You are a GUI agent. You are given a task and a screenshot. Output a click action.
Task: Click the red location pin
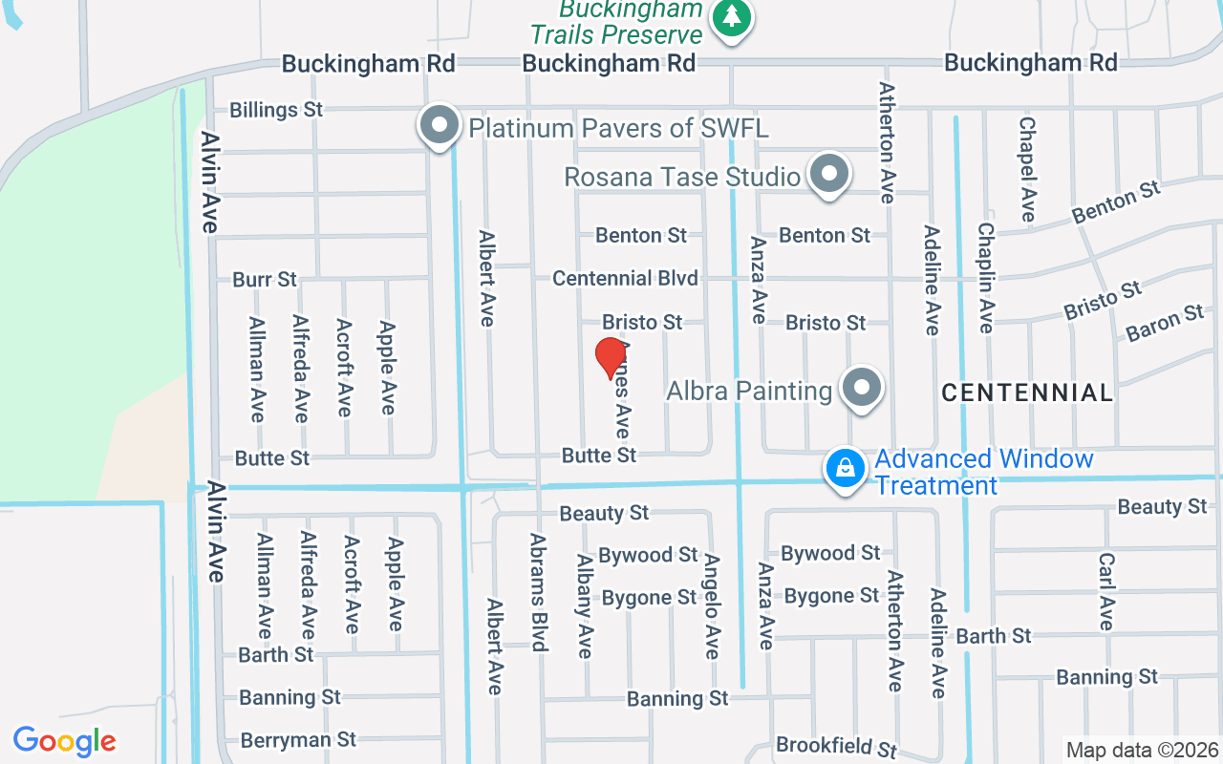coord(611,357)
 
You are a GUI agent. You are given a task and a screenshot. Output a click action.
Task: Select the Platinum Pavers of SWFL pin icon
coord(440,125)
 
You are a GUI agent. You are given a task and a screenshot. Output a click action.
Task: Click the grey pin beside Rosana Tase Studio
coord(828,175)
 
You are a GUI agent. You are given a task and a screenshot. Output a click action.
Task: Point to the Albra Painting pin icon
coord(862,389)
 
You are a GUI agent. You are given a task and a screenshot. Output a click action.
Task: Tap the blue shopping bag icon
coord(846,469)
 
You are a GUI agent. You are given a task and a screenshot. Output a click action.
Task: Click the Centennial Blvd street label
coord(625,278)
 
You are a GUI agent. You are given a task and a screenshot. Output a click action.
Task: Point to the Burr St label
coord(265,280)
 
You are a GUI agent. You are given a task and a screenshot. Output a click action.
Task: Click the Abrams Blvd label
coord(538,592)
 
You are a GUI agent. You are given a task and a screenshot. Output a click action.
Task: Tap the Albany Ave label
coord(585,606)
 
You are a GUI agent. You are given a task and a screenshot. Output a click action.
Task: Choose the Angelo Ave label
coord(712,605)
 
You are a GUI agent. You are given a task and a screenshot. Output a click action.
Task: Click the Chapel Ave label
coord(1027,169)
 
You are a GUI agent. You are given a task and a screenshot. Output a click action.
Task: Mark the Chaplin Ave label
coord(985,278)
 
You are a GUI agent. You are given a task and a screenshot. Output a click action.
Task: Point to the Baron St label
coord(1165,323)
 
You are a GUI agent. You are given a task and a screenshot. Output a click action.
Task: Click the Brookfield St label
coord(837,746)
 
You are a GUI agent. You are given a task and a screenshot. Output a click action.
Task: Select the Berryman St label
coord(298,740)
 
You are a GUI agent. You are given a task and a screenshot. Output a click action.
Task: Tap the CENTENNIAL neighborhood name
coord(1027,393)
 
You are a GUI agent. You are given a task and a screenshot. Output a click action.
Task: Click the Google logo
coord(65,741)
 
